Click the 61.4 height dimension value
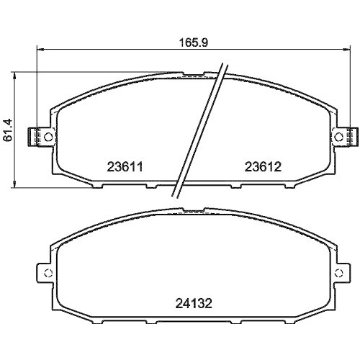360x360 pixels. (8, 130)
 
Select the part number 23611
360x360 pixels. (127, 166)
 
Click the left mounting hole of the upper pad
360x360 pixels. (47, 136)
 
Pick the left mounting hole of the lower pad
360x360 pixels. (47, 273)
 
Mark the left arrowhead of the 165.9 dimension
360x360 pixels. (39, 50)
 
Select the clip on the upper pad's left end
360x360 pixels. (34, 136)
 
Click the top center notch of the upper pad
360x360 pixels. (194, 74)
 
